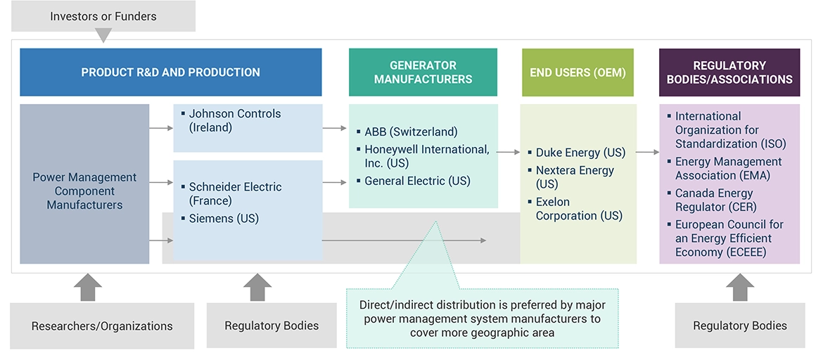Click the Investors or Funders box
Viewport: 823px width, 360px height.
point(103,16)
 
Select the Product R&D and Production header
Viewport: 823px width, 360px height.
point(170,72)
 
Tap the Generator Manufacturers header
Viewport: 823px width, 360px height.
point(423,72)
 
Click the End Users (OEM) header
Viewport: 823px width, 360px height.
point(578,72)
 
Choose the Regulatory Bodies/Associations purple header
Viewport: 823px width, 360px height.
point(729,72)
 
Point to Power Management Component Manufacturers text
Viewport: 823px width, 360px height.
point(84,191)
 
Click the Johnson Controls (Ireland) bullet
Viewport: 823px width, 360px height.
point(234,120)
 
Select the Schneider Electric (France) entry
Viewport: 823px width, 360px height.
point(235,193)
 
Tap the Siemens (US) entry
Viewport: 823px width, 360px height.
point(224,219)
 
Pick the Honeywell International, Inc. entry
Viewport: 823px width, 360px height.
point(426,156)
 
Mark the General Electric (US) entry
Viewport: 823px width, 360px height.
point(417,181)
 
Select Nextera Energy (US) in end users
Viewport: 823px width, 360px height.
point(575,177)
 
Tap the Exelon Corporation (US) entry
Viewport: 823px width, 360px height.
point(579,209)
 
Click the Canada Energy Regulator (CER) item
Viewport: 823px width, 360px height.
point(714,200)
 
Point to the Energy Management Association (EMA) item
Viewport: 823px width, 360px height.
point(728,168)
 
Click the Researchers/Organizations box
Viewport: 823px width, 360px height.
point(102,326)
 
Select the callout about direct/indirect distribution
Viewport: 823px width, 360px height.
point(482,319)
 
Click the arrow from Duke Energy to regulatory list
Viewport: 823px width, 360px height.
point(647,152)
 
